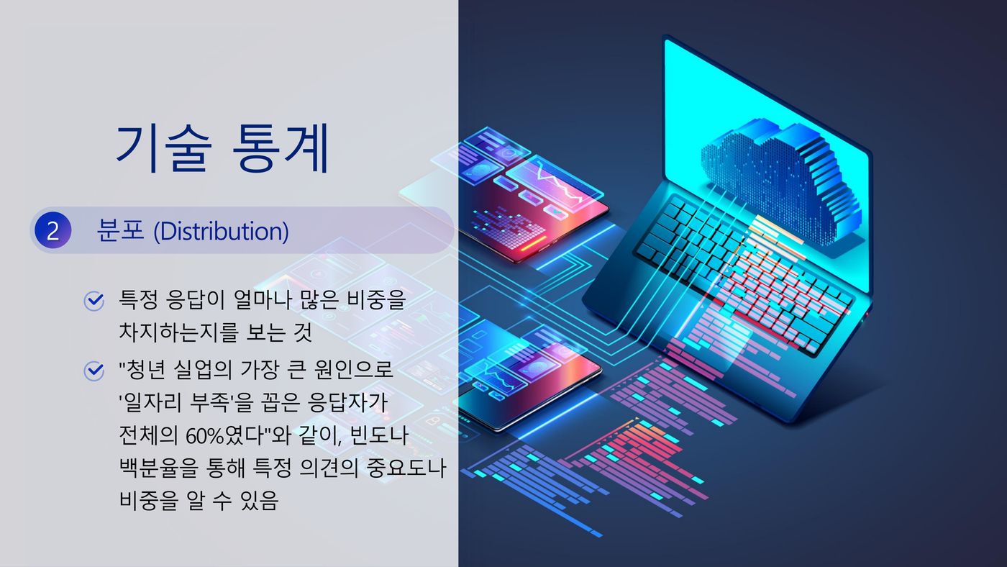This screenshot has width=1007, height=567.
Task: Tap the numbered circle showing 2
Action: [x=53, y=230]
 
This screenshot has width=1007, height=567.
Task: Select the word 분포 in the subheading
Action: [x=120, y=231]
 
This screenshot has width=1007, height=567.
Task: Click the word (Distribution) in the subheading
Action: [x=222, y=231]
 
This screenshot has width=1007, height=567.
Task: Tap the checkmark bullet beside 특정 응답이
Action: [x=94, y=300]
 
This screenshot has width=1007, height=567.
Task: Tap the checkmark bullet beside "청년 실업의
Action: [x=94, y=371]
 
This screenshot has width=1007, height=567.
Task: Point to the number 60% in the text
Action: [x=201, y=436]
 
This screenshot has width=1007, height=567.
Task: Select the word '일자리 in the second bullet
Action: [x=150, y=402]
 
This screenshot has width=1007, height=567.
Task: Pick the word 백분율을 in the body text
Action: [x=159, y=468]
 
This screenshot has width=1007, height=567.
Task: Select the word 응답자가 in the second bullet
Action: [x=347, y=402]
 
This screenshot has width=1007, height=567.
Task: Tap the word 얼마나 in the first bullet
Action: [x=263, y=299]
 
